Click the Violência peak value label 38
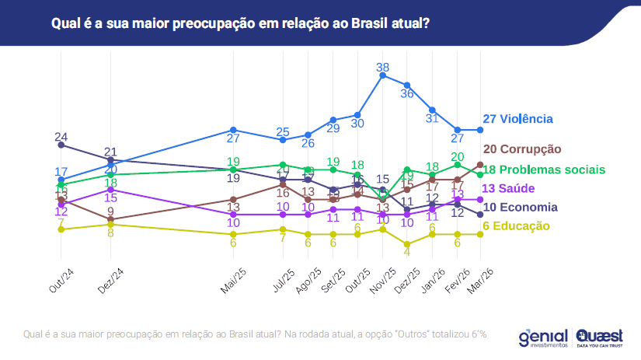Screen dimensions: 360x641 [x=382, y=68]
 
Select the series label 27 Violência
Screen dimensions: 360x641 [x=517, y=119]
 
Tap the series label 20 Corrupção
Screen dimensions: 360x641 [x=521, y=149]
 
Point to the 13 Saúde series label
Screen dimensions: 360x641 [x=510, y=189]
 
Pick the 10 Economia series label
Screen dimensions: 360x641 [x=520, y=208]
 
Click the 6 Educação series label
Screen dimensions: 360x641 [x=516, y=226]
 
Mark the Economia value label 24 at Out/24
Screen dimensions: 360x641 [x=61, y=137]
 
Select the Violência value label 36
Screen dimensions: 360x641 [x=407, y=93]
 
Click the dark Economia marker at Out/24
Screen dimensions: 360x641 [x=61, y=145]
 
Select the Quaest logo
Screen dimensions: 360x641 [x=600, y=336]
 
